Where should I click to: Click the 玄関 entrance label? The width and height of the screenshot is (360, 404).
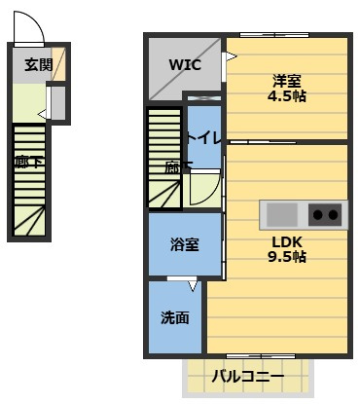[38, 65]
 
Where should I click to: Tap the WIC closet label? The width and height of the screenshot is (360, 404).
[185, 65]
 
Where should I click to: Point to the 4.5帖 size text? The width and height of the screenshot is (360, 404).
[287, 96]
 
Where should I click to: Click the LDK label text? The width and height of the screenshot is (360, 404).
[288, 241]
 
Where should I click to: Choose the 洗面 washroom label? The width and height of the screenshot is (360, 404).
[175, 317]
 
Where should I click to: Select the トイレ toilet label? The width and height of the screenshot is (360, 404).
[205, 139]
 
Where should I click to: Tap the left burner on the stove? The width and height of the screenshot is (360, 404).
[317, 213]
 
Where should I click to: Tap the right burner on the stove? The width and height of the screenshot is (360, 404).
[334, 213]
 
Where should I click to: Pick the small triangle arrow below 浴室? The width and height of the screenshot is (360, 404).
[192, 286]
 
